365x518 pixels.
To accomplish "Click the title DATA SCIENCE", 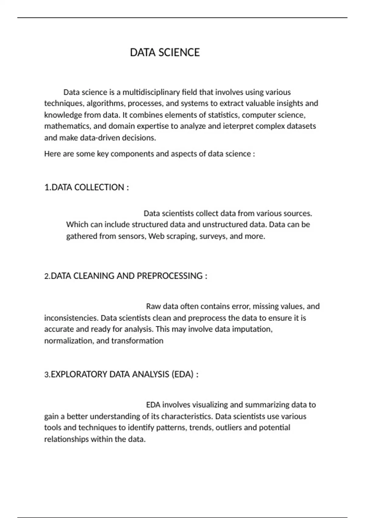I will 165,52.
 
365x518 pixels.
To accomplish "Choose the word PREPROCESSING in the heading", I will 169,276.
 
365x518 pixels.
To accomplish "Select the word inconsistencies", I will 71,318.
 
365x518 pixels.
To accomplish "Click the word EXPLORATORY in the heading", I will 79,374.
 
